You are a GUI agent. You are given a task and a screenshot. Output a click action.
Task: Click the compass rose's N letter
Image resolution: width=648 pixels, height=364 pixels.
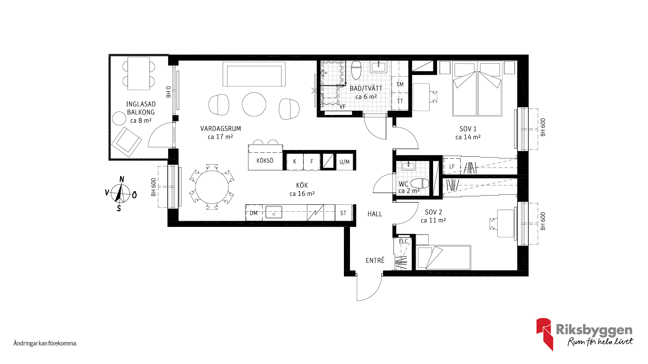point(122,179)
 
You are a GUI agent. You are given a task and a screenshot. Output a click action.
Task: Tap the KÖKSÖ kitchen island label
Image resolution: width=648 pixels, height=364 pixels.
point(265,161)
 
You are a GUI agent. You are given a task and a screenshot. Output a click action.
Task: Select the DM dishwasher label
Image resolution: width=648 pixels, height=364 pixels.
point(253,213)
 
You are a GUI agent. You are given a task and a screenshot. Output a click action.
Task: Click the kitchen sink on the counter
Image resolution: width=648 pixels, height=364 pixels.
point(274,213)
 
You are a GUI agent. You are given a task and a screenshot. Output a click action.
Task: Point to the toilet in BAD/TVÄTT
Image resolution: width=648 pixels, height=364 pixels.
point(356,70)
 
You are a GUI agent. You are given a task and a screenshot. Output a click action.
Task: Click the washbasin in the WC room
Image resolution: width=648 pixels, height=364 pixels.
point(408,166)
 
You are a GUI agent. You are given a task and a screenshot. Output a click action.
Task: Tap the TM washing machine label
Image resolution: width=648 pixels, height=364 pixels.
point(400,85)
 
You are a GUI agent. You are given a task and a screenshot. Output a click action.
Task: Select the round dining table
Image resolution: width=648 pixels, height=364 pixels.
point(212,187)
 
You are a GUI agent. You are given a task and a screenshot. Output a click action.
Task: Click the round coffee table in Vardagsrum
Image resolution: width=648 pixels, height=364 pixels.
point(254,104)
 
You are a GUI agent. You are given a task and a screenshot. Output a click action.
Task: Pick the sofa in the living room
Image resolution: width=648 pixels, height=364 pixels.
point(254,74)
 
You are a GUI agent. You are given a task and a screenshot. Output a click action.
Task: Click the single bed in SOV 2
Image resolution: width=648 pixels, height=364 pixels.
point(443,257)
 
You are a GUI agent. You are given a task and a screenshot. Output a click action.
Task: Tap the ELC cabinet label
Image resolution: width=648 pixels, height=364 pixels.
point(403,241)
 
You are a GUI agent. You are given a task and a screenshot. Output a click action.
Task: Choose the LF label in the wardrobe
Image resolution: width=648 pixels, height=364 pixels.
point(452,166)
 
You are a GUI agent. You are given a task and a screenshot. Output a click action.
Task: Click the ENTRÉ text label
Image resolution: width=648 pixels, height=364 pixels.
point(375,260)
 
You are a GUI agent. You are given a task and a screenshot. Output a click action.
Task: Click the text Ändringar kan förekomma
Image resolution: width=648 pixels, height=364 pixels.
point(46,343)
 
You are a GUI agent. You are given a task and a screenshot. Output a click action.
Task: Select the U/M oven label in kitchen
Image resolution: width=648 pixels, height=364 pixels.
point(345,162)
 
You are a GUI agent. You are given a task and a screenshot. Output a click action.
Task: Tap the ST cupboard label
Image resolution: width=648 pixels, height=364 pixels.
point(343,213)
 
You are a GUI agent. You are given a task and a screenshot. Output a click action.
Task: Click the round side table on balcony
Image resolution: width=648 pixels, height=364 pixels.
point(119,118)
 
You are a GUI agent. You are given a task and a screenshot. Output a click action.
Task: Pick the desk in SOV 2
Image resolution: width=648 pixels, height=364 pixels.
point(506,223)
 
